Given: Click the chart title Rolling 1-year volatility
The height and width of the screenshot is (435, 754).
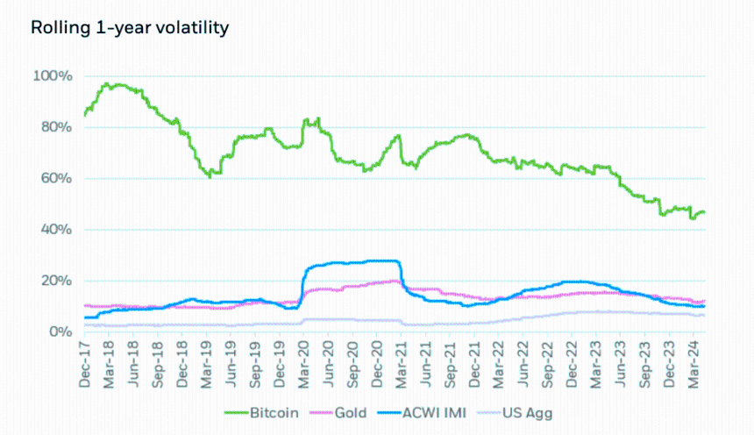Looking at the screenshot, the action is point(130,28).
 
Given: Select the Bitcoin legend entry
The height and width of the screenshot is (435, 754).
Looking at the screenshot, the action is point(261,413).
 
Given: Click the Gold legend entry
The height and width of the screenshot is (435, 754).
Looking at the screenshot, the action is point(338,413).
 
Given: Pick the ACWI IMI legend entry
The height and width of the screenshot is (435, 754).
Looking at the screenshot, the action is point(422,413).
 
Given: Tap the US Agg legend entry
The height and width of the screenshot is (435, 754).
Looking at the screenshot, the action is point(515,413).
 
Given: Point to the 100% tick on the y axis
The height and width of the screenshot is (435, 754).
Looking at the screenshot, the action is point(53,76).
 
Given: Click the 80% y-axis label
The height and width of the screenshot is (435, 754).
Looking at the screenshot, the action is point(56,127).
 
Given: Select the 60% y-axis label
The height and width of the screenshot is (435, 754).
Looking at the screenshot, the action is point(56,179).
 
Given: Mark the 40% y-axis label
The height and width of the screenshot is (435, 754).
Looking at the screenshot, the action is point(56,230).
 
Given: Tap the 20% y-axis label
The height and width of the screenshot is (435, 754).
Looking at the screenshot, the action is point(56,281).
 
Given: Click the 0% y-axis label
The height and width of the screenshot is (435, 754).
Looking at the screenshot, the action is point(60,332).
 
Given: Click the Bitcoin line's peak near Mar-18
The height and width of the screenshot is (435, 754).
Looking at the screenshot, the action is point(107,83).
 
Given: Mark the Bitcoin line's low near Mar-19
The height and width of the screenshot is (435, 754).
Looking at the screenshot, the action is point(210,176).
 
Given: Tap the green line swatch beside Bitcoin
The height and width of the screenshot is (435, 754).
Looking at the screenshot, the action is point(236,413).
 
